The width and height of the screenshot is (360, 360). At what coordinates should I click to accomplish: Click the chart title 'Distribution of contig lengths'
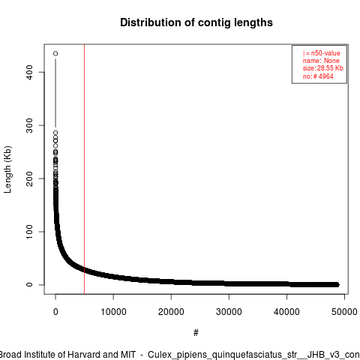[x=196, y=22]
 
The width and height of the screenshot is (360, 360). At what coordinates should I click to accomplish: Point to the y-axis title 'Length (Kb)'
[x=7, y=169]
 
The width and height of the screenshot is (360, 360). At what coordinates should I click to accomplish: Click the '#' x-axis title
[x=196, y=332]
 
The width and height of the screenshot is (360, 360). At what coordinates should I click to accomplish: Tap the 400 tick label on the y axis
[x=29, y=72]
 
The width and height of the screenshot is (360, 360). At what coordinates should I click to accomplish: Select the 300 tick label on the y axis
[x=29, y=125]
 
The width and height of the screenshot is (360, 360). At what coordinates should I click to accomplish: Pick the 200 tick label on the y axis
[x=29, y=178]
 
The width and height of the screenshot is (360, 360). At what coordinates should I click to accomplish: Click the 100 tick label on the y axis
[x=29, y=232]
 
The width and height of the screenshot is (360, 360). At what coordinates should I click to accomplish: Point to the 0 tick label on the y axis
[x=29, y=284]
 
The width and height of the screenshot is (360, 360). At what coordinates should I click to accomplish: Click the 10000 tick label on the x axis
[x=113, y=312]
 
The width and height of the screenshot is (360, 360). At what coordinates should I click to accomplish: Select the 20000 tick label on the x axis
[x=171, y=312]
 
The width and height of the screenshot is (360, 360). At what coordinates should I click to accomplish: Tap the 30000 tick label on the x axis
[x=229, y=312]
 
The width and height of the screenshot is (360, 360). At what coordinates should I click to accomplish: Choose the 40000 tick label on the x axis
[x=286, y=312]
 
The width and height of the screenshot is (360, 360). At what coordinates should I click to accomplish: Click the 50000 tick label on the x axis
[x=344, y=312]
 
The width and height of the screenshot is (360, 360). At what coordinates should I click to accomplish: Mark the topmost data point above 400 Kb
[x=55, y=53]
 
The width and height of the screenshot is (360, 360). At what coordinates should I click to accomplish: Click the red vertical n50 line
[x=84, y=169]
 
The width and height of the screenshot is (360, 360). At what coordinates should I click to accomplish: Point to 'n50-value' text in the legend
[x=325, y=53]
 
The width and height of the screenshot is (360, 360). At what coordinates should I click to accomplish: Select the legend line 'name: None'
[x=321, y=61]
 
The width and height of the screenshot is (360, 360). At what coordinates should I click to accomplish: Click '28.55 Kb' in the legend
[x=330, y=68]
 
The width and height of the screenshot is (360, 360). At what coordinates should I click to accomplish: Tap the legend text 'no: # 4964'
[x=318, y=76]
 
